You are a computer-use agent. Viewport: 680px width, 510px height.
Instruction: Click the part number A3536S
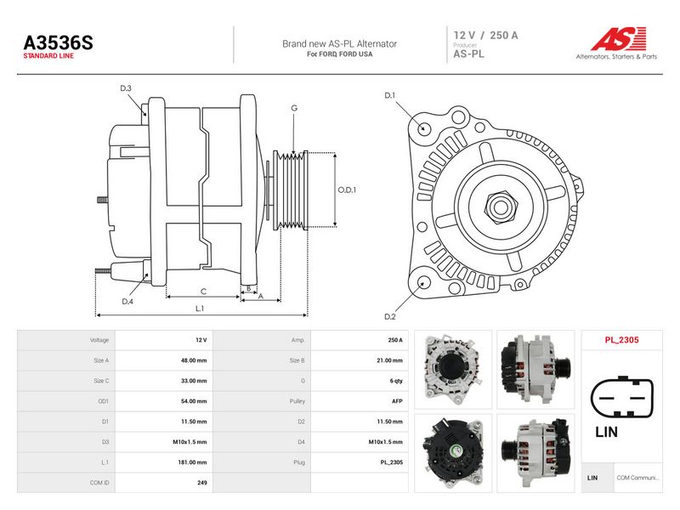[58, 43]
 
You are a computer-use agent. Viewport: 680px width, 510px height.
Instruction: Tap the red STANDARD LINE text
[48, 56]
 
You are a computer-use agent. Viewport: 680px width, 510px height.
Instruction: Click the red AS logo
[619, 39]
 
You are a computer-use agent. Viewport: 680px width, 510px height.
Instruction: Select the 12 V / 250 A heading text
[485, 36]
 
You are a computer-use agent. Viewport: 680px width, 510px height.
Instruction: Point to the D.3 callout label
[126, 88]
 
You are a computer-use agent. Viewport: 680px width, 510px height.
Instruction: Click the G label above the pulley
[294, 108]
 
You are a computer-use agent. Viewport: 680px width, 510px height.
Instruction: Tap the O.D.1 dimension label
[347, 190]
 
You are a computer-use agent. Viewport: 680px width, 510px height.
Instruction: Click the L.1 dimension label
[200, 309]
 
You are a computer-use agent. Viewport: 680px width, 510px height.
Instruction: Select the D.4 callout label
[127, 302]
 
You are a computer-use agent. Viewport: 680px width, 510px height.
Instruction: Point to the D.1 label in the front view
[390, 95]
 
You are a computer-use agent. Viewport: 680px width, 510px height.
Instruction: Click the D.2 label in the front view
[390, 316]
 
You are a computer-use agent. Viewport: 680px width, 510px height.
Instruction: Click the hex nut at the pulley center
[500, 207]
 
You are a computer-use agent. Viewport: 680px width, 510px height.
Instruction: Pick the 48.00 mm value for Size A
[194, 360]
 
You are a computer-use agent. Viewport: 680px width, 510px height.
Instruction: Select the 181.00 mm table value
[193, 462]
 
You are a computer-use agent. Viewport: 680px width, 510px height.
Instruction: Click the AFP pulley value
[397, 401]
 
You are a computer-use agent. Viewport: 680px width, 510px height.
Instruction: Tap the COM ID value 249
[202, 483]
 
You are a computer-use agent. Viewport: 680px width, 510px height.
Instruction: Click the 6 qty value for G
[396, 381]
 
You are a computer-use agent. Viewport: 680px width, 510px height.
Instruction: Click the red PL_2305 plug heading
[622, 340]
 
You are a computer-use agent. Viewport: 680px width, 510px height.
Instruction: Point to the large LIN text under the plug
[606, 432]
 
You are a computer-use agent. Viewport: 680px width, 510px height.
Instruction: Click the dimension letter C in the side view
[203, 292]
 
